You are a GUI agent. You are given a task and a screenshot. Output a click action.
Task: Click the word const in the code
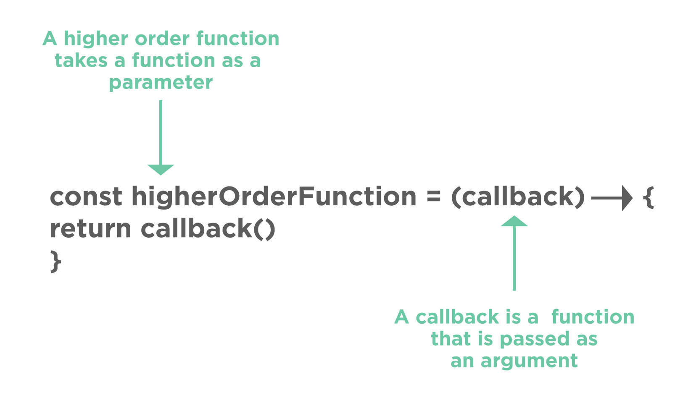coord(86,196)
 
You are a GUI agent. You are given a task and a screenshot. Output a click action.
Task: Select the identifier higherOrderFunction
coord(274,196)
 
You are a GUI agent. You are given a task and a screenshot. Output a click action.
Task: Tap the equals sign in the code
coord(434,197)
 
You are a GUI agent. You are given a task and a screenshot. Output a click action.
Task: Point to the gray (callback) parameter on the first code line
coord(518,196)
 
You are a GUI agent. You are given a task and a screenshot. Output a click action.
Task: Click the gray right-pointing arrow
coord(612,198)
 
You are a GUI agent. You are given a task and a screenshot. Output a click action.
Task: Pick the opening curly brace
coord(649,197)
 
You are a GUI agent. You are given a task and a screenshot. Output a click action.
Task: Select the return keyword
coord(90,229)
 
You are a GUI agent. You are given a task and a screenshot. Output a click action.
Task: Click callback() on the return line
coord(208,229)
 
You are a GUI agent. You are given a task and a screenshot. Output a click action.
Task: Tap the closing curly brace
coord(55,261)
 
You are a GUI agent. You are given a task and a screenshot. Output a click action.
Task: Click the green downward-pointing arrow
coord(161,139)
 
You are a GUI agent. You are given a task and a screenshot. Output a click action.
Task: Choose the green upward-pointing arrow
coord(514,252)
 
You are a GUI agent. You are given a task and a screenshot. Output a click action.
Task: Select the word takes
coord(81,60)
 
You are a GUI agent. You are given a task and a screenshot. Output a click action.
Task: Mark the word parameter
coord(161,82)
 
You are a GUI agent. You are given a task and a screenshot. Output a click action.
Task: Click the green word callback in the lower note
coord(457,317)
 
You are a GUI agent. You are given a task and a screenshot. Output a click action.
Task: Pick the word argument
coord(529,361)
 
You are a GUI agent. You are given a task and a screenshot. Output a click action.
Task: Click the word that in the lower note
coord(451,339)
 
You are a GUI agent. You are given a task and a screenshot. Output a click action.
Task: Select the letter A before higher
coord(50,39)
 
